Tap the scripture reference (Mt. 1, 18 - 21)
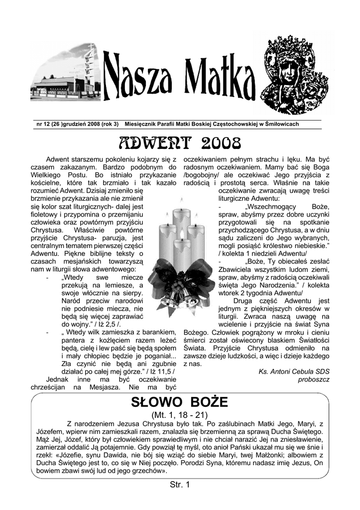click(x=179, y=414)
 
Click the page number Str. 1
click(x=180, y=484)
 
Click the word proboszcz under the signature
click(x=314, y=380)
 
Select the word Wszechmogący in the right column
click(x=270, y=207)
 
